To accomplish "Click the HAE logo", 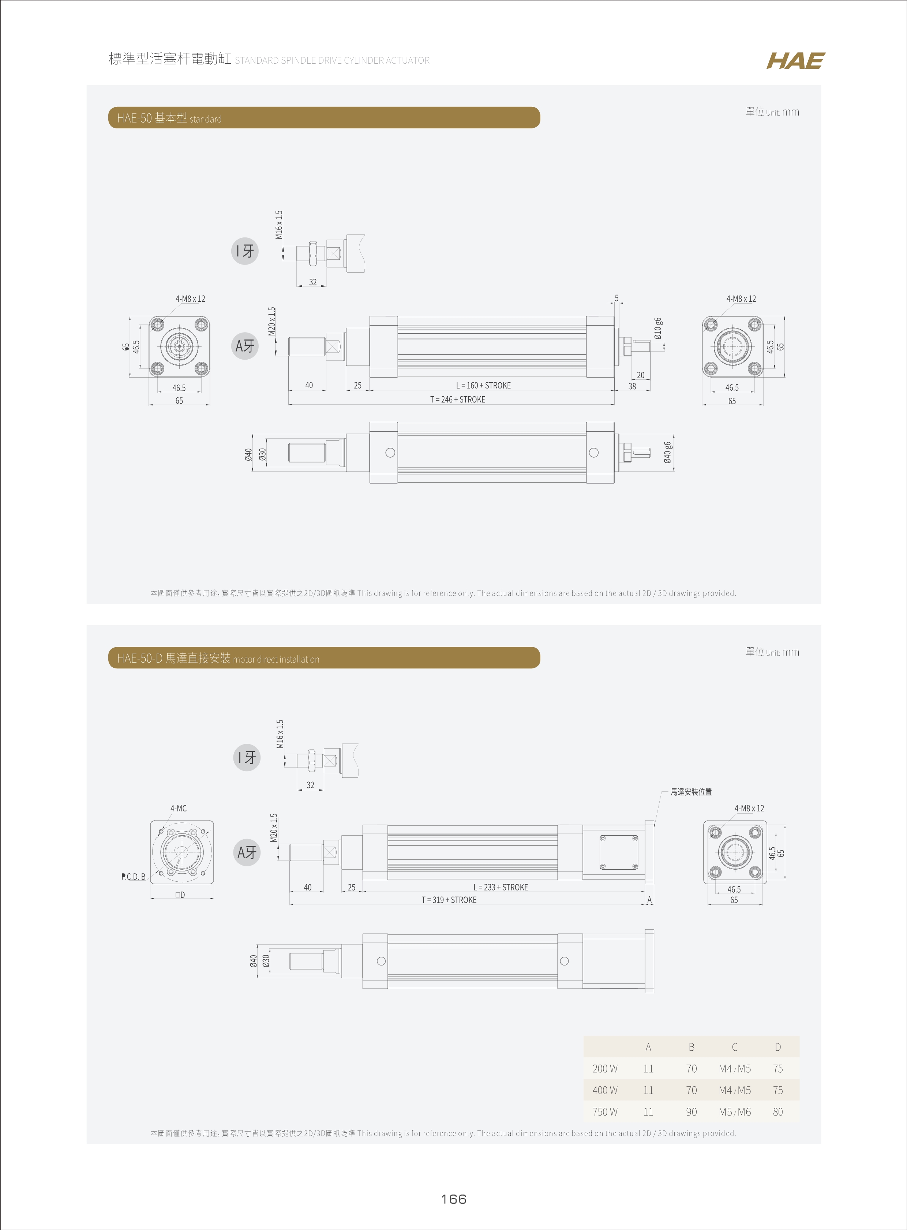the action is pyautogui.click(x=795, y=61).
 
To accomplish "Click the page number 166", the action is pyautogui.click(x=454, y=1199).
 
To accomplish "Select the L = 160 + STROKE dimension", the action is pyautogui.click(x=483, y=385).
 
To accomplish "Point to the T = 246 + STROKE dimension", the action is pyautogui.click(x=457, y=400).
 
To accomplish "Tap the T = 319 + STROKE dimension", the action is pyautogui.click(x=449, y=900).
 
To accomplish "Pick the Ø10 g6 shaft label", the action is pyautogui.click(x=658, y=328).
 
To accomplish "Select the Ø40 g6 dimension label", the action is pyautogui.click(x=667, y=453).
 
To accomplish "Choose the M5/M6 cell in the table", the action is pyautogui.click(x=735, y=1112).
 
